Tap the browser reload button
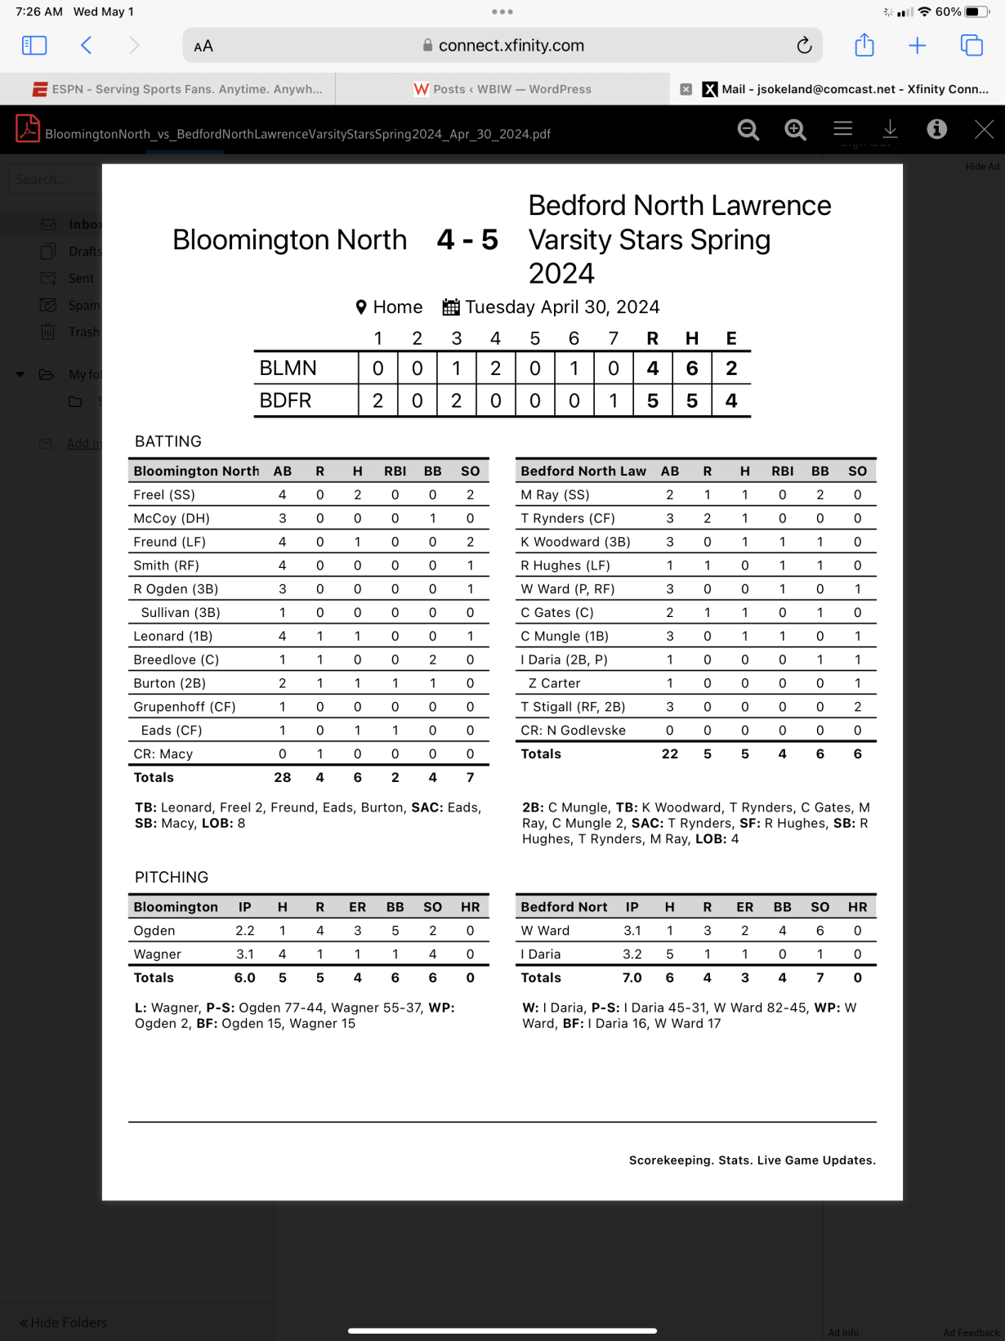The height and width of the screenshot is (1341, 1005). click(804, 46)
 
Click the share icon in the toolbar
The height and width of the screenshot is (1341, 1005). click(864, 46)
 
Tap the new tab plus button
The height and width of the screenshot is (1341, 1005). click(918, 46)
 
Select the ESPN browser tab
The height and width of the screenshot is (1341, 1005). click(177, 89)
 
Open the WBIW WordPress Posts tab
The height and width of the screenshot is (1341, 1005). click(502, 89)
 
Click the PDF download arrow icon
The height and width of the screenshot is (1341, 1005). click(890, 129)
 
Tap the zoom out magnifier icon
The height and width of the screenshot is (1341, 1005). click(748, 129)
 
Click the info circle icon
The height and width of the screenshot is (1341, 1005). click(936, 129)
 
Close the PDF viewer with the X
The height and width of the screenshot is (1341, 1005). click(984, 129)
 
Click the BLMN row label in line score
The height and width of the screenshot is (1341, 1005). click(288, 369)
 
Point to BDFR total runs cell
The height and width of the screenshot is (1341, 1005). click(652, 401)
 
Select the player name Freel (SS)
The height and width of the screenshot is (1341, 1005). click(164, 494)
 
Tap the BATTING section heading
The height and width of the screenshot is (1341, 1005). click(167, 441)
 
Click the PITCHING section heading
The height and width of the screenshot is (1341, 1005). click(172, 877)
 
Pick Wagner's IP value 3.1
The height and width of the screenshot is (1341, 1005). click(244, 954)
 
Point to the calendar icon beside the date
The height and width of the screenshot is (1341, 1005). click(450, 307)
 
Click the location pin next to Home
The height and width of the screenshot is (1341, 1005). click(361, 307)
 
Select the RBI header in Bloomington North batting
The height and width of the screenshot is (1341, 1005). click(395, 471)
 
